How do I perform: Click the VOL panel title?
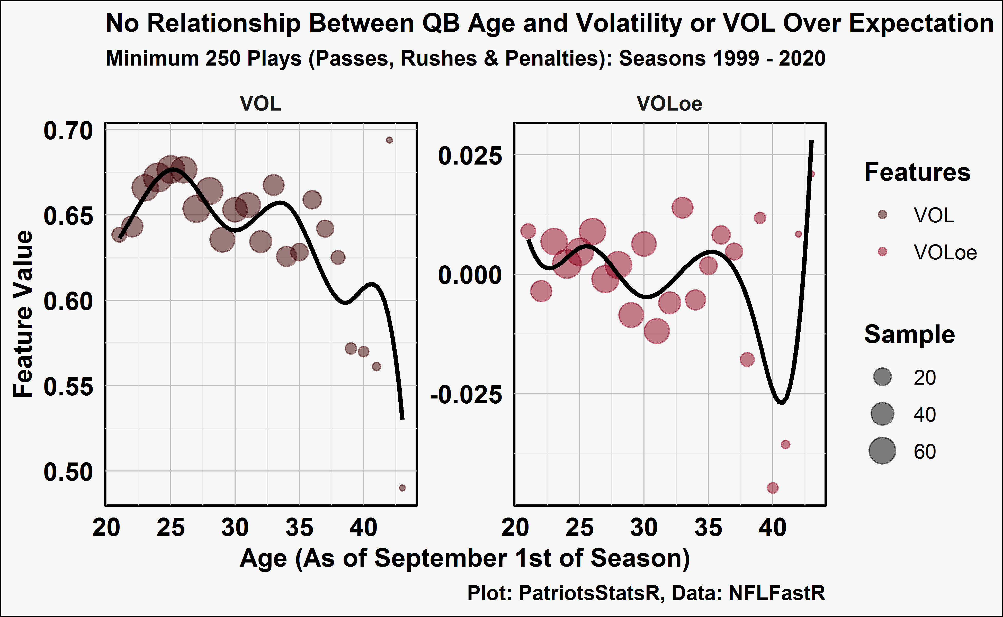(261, 104)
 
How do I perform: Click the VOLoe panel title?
(669, 104)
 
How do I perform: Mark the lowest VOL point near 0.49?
(402, 488)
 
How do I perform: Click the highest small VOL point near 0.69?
(389, 140)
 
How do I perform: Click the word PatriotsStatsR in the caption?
(589, 593)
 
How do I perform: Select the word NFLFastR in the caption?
(777, 593)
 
